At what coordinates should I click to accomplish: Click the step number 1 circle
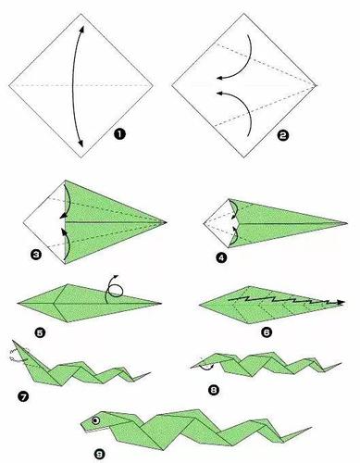119,134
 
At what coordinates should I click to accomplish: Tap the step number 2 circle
283,135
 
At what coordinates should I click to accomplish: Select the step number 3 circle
36,254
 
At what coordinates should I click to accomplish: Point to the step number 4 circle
221,257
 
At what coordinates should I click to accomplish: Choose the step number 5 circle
41,332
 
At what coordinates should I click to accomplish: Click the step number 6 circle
267,332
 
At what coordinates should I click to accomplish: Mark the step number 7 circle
23,396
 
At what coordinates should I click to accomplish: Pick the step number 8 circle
214,390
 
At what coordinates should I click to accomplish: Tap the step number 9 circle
100,454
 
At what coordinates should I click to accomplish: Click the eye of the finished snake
96,420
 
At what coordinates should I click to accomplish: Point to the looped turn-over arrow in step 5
114,290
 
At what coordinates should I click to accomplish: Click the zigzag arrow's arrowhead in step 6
341,303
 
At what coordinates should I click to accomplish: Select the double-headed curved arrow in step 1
73,86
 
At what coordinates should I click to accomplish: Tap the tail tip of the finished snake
311,428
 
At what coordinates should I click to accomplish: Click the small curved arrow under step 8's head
206,368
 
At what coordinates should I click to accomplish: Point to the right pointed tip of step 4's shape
347,223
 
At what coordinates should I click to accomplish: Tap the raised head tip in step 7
13,341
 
